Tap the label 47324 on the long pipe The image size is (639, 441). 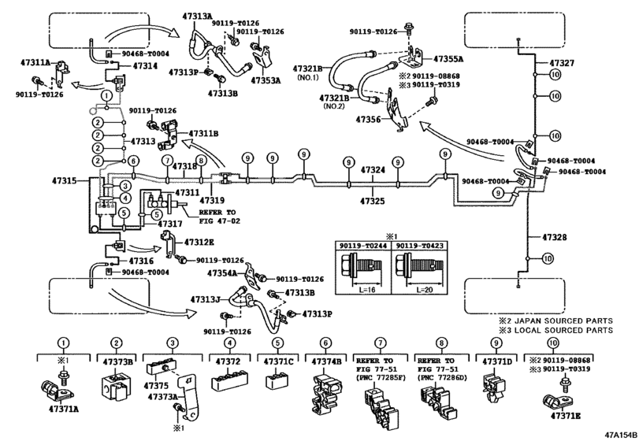pyautogui.click(x=373, y=170)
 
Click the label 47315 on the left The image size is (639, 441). pyautogui.click(x=65, y=181)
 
